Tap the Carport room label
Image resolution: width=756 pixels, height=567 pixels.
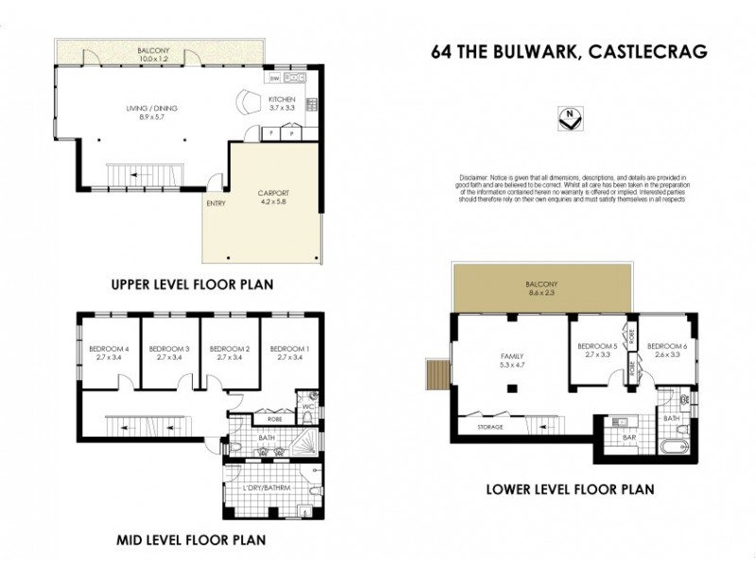click(273, 194)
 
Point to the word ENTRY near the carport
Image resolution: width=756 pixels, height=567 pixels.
click(215, 202)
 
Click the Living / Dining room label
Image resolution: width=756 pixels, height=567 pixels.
click(151, 109)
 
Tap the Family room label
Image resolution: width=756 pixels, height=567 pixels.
click(510, 356)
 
